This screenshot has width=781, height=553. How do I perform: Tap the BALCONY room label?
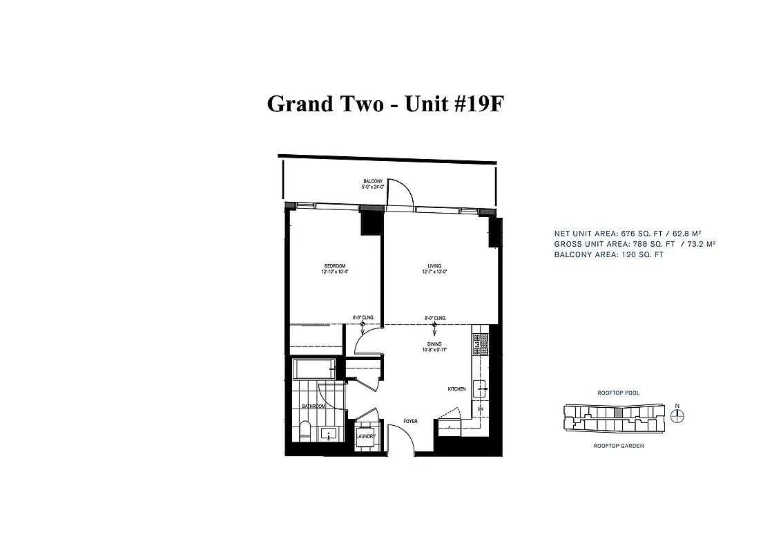tap(372, 181)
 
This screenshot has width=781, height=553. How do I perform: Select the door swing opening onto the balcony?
tap(401, 194)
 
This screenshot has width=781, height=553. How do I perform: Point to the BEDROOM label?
tap(335, 266)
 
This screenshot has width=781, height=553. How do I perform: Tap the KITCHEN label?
tap(456, 389)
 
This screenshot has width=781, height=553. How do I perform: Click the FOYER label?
tap(411, 421)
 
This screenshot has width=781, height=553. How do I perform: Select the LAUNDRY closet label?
tap(365, 437)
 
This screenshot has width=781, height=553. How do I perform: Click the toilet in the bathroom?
tap(305, 432)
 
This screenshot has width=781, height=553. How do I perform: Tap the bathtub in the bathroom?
tap(314, 369)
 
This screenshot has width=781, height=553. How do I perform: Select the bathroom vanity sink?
tap(329, 434)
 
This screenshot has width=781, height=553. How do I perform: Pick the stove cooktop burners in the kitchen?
tap(477, 343)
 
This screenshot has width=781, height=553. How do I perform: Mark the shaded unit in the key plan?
tap(618, 413)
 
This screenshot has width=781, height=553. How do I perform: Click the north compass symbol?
tap(678, 415)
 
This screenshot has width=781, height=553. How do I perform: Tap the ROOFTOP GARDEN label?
tap(618, 446)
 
